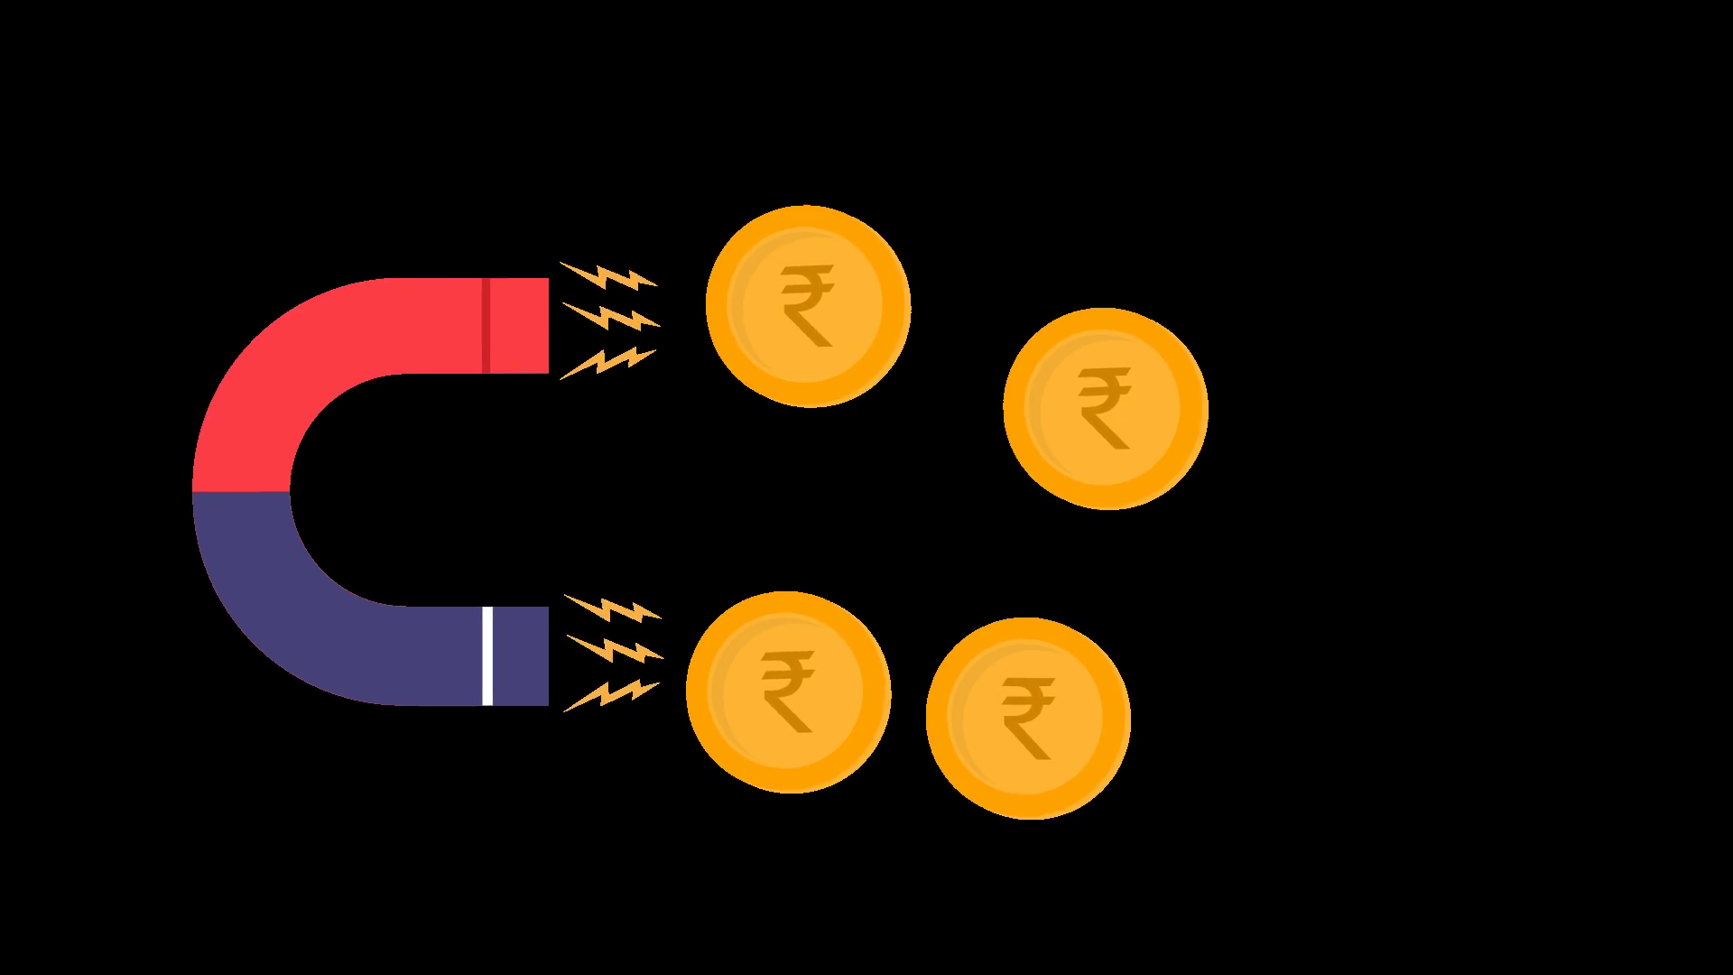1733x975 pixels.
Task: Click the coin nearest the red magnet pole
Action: (x=808, y=305)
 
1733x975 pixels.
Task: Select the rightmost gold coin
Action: (x=1105, y=408)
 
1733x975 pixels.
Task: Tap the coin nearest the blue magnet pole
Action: (x=788, y=692)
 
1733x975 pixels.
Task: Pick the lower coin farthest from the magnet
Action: (x=1028, y=719)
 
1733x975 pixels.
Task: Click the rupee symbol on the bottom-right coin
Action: (x=1029, y=720)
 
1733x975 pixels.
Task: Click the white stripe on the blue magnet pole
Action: (x=487, y=655)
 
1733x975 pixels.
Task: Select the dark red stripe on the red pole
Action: (x=486, y=326)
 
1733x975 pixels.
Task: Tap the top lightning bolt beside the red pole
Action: (x=608, y=275)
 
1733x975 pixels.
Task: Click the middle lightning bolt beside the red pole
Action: (x=611, y=317)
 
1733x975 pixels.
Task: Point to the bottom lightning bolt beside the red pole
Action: (x=607, y=363)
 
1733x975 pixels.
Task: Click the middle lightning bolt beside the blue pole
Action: (x=614, y=648)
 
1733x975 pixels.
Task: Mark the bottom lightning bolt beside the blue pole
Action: (x=610, y=694)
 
